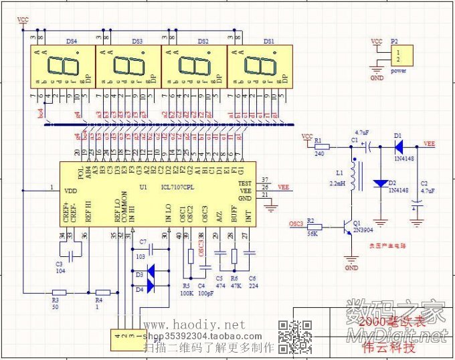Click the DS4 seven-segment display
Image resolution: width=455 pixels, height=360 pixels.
[62, 66]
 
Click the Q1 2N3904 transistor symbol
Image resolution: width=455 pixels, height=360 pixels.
[348, 228]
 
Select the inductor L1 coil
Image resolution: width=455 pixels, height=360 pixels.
[354, 175]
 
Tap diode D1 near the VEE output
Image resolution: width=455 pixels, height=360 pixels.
[398, 145]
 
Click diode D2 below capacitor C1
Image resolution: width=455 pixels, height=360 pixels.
[380, 183]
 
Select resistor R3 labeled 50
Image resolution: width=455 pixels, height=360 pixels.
[59, 292]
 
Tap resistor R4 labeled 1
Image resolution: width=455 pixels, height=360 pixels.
[102, 292]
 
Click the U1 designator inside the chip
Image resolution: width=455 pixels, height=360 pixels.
[143, 187]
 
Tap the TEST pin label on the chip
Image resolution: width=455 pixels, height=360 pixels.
[245, 182]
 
